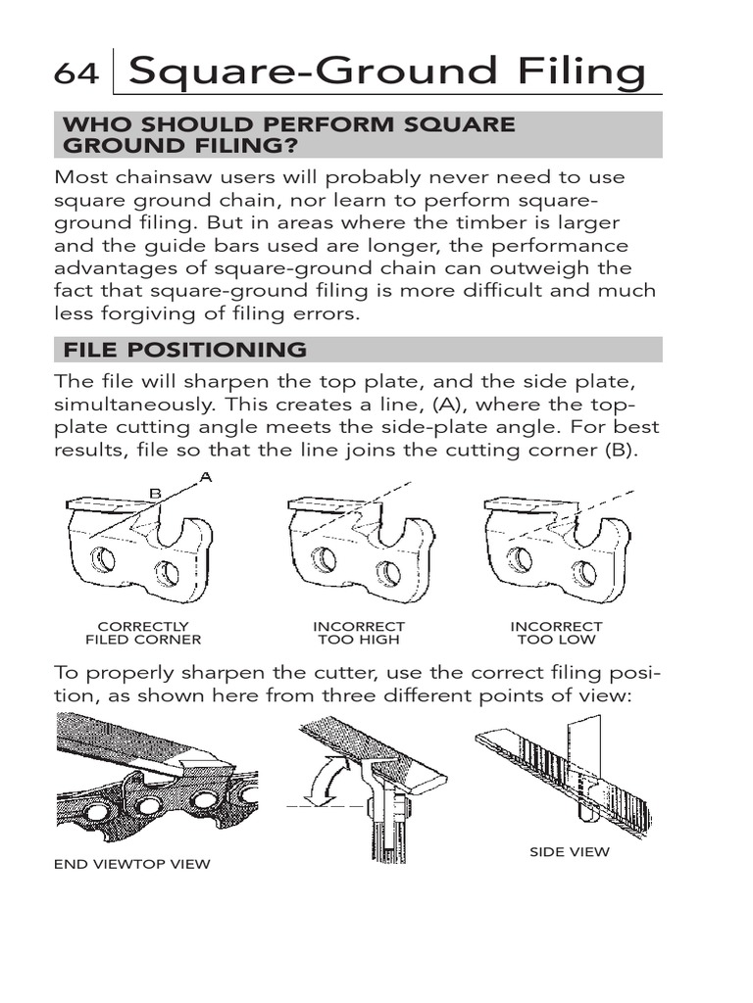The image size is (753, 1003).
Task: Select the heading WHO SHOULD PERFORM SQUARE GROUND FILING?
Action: click(x=288, y=134)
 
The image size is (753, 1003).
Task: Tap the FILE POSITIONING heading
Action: click(x=184, y=350)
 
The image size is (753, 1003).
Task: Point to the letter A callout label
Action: click(x=205, y=477)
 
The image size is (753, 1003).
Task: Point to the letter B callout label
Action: click(x=154, y=495)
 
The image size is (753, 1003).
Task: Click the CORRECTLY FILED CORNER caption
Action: click(x=143, y=633)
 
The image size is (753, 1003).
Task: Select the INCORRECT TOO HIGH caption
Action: click(x=359, y=633)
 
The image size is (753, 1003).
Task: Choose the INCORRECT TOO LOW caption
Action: click(x=556, y=633)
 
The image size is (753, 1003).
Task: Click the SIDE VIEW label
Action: click(x=569, y=852)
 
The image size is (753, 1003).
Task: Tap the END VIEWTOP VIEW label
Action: click(x=132, y=865)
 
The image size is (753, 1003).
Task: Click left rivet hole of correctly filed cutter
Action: click(x=102, y=560)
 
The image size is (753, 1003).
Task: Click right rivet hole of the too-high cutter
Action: click(x=387, y=573)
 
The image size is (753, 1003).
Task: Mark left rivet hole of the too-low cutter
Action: click(x=521, y=560)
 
